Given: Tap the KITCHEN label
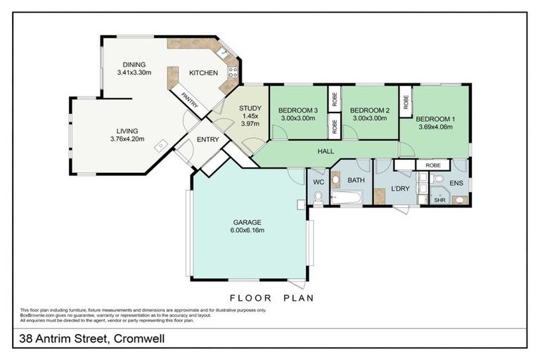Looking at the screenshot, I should click(x=203, y=72).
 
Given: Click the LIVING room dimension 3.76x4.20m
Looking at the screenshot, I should click(x=127, y=139).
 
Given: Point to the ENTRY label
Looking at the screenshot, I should click(x=207, y=139).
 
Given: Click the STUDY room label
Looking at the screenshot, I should click(x=250, y=108).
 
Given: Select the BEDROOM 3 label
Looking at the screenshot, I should click(x=297, y=110).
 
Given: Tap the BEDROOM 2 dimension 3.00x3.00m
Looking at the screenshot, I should click(x=369, y=119).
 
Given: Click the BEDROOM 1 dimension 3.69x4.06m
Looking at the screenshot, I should click(x=435, y=127).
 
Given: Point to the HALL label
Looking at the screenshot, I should click(x=326, y=151).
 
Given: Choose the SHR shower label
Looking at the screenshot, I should click(x=439, y=200).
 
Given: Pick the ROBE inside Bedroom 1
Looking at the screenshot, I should click(x=433, y=165).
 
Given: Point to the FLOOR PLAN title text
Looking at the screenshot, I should click(x=271, y=297).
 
